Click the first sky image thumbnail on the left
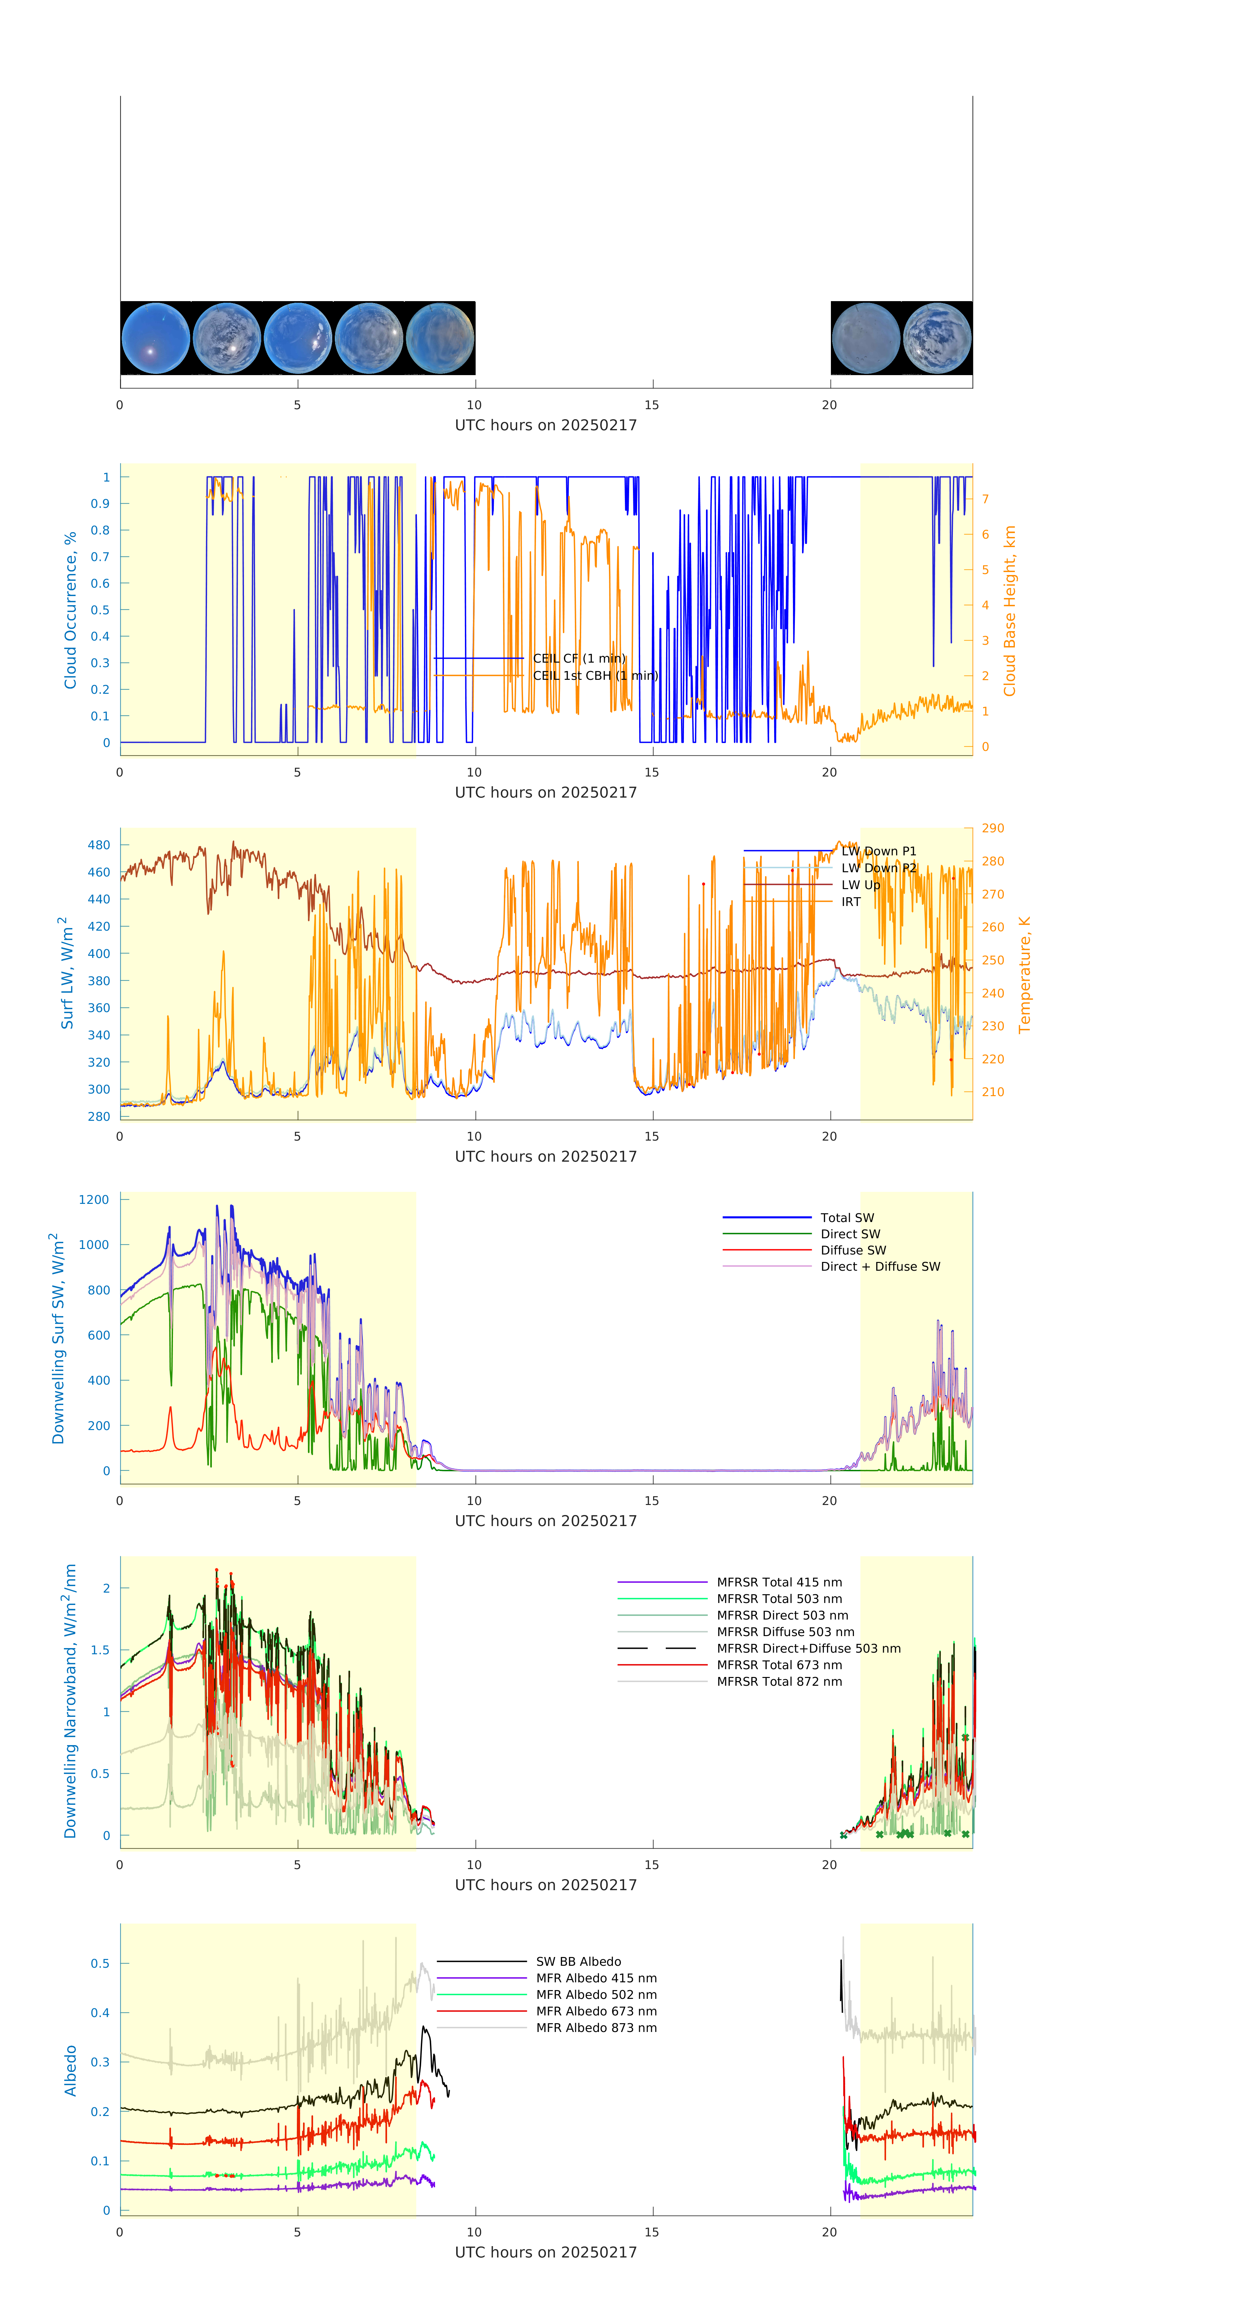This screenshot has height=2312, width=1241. [x=155, y=338]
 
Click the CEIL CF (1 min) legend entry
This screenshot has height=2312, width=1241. [x=579, y=658]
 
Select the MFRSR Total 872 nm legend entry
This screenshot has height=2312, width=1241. [x=779, y=1681]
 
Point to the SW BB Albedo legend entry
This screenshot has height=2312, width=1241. [x=578, y=1961]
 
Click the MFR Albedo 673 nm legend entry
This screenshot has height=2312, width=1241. [x=596, y=2011]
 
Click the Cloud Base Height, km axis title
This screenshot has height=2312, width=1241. [x=1009, y=610]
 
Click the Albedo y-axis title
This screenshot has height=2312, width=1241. [x=70, y=2071]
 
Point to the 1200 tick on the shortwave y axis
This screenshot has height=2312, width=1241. [x=93, y=1199]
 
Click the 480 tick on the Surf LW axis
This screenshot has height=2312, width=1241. [x=99, y=845]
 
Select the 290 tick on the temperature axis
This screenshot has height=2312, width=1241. [x=992, y=827]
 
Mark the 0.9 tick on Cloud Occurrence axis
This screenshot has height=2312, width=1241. [x=100, y=504]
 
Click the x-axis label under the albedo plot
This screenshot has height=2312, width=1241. [x=546, y=2252]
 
